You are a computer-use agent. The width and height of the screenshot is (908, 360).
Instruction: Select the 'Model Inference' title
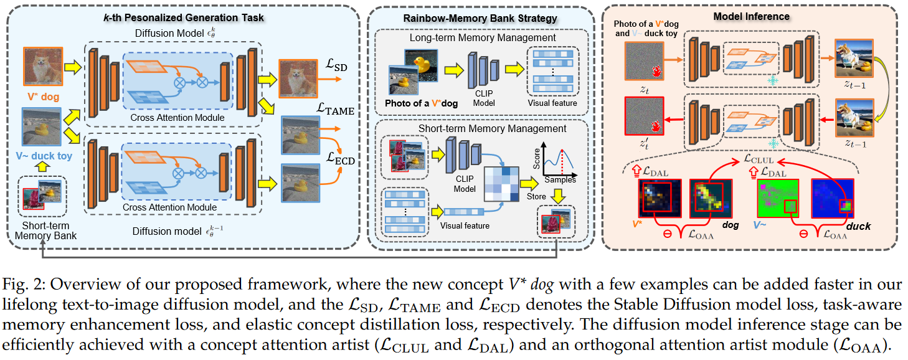click(x=752, y=16)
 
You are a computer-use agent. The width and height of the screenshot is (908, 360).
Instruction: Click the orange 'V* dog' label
click(x=44, y=96)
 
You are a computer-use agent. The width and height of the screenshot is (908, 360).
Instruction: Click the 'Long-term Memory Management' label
click(x=483, y=37)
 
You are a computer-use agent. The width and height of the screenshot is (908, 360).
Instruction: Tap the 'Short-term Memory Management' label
click(x=483, y=129)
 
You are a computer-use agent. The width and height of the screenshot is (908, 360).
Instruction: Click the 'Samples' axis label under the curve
click(x=560, y=179)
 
